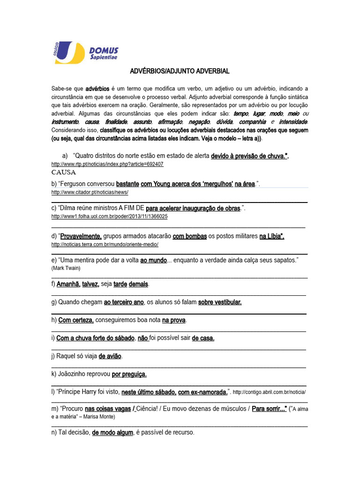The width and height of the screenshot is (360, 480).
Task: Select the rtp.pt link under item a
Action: (x=107, y=165)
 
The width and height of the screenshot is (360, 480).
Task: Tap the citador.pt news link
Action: (x=90, y=193)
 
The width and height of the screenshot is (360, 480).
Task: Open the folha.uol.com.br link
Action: (x=109, y=217)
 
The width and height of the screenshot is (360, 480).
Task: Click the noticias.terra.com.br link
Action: (x=105, y=244)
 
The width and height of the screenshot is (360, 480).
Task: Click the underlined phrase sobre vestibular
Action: (x=220, y=302)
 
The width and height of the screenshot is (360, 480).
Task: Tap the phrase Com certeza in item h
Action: (x=76, y=320)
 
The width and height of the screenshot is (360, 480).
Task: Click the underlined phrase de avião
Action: (x=110, y=356)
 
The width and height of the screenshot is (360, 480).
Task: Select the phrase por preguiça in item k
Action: (x=129, y=375)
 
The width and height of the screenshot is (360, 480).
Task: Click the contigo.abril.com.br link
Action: (x=270, y=392)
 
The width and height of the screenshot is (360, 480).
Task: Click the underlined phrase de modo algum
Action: (x=112, y=432)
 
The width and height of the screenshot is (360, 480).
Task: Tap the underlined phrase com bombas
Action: (x=189, y=236)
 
